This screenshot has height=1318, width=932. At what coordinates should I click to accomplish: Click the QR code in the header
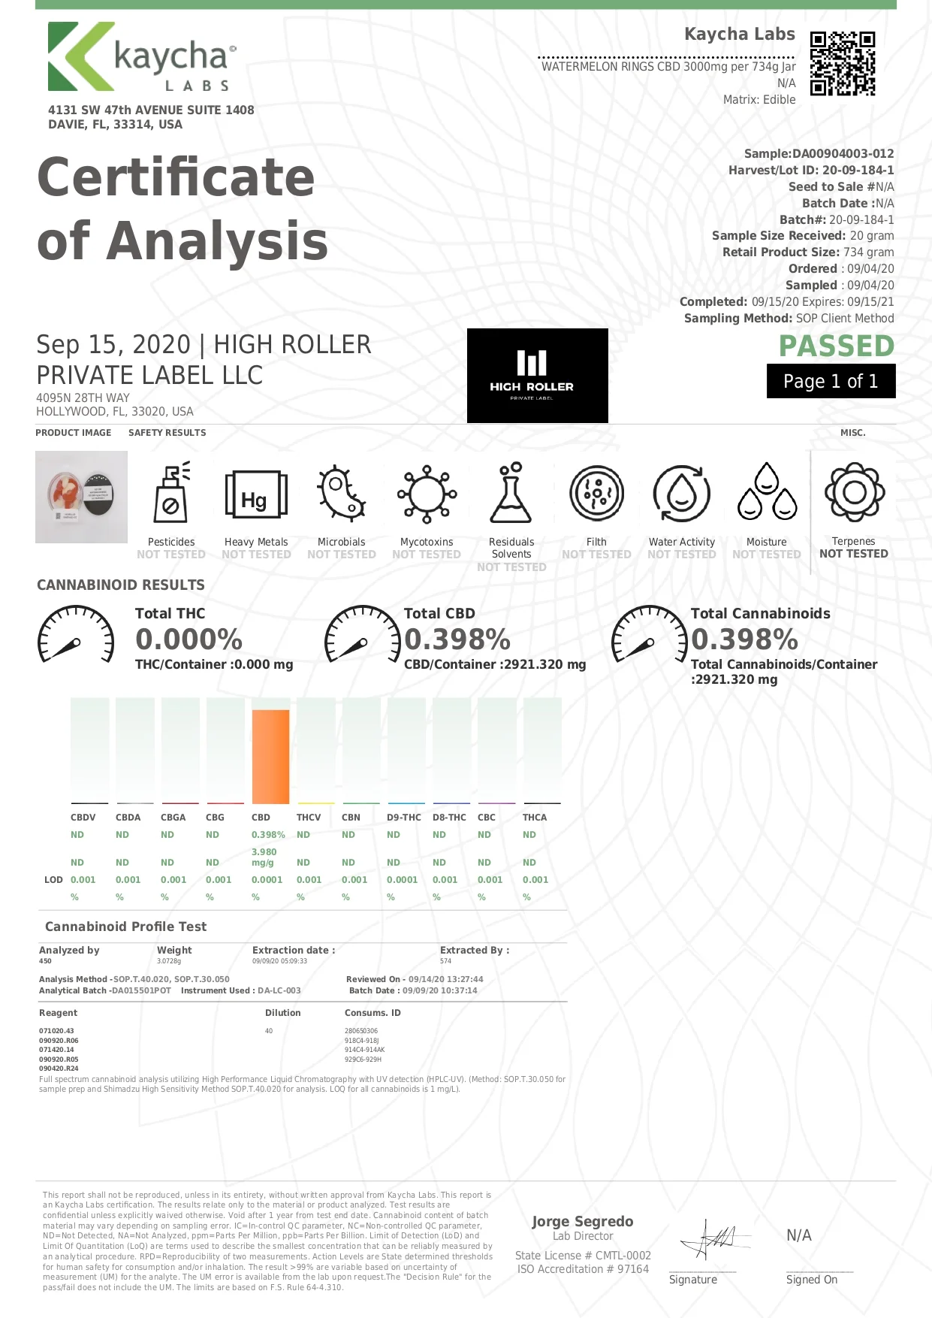tap(843, 63)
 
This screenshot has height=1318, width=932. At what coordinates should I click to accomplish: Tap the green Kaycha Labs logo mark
tap(79, 56)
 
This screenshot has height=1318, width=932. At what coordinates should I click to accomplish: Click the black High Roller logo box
tap(537, 375)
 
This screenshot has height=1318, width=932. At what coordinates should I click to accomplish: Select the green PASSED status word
tap(836, 346)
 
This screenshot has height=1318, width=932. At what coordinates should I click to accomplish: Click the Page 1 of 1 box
tap(831, 381)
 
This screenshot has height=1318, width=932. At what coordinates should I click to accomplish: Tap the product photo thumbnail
tap(81, 497)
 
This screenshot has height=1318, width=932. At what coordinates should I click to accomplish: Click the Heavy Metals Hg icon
tap(256, 495)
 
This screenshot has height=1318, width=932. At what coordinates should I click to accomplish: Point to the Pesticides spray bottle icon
tap(171, 493)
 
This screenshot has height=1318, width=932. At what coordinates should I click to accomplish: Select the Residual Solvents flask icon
tap(511, 493)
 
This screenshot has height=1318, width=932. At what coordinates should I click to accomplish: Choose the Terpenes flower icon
tap(854, 492)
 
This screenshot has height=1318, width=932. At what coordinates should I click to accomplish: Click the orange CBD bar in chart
tap(270, 756)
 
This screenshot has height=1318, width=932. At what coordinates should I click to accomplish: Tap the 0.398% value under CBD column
tap(268, 835)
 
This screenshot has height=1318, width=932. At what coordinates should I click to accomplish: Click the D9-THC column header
tap(403, 818)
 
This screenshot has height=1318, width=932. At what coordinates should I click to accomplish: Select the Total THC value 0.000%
tap(189, 639)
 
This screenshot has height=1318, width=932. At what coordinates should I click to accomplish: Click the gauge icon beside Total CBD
tap(362, 635)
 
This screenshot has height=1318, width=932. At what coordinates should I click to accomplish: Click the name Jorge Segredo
tap(583, 1221)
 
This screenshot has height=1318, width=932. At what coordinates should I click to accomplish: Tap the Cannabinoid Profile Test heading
tap(125, 927)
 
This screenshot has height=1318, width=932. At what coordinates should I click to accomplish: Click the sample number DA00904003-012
tap(843, 154)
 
